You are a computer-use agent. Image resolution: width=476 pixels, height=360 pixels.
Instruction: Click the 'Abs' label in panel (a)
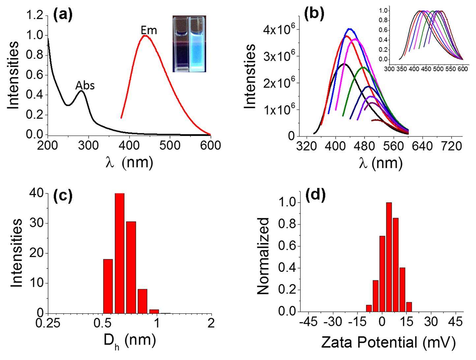coord(85,86)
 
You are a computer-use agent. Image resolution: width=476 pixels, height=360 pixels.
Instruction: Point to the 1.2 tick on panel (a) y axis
coord(34,15)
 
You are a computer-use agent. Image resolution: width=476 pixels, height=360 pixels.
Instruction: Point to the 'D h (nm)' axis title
coord(129,341)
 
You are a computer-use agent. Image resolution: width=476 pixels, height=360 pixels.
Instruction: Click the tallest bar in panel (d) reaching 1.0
coord(389,257)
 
